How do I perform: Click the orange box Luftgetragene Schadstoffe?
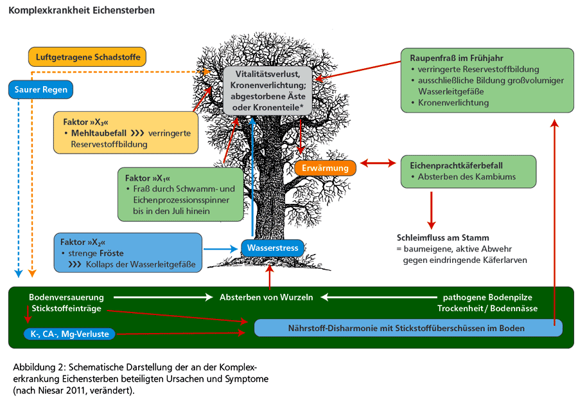click(x=87, y=57)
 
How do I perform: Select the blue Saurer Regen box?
click(x=41, y=89)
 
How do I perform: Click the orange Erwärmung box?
click(x=326, y=168)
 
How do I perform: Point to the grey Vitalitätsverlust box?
click(x=268, y=91)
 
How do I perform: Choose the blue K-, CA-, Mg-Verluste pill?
click(x=69, y=334)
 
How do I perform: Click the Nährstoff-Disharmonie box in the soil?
click(x=408, y=328)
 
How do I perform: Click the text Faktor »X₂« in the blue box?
click(x=82, y=242)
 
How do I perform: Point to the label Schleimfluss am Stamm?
click(x=442, y=238)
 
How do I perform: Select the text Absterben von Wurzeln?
click(x=266, y=298)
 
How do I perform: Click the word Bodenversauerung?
click(x=66, y=298)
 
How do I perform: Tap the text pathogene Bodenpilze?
click(x=487, y=298)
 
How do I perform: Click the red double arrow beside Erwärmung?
click(x=378, y=163)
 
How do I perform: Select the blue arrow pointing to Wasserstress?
click(x=221, y=248)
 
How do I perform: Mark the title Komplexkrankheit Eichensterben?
click(x=81, y=11)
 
